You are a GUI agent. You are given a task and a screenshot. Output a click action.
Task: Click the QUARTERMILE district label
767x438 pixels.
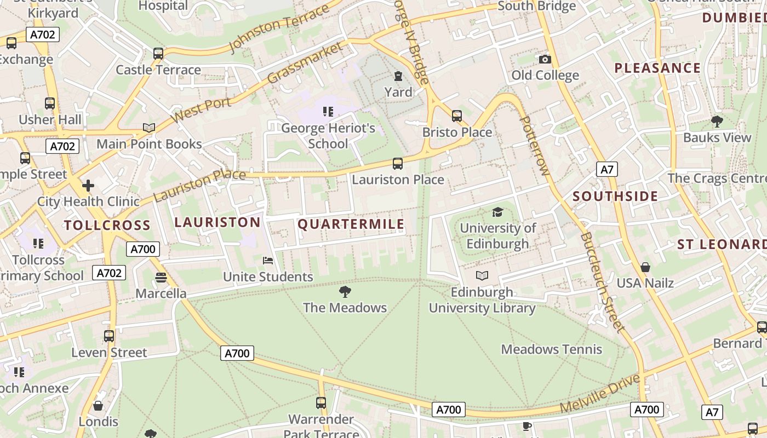[x=351, y=224]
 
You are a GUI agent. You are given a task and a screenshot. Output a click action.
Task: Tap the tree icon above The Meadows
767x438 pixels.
[x=345, y=291]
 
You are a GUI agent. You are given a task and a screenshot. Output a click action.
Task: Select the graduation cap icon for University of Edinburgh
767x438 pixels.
[x=497, y=212]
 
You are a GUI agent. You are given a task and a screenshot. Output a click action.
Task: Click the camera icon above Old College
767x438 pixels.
[x=545, y=59]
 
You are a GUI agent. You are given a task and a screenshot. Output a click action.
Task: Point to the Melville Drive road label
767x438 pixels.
[x=600, y=394]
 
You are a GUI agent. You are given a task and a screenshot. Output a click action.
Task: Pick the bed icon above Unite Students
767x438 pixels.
[x=268, y=261]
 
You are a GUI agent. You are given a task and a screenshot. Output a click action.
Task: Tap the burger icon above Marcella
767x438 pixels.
[x=161, y=278]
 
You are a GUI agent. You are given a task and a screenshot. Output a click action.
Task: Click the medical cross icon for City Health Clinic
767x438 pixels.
[x=88, y=186]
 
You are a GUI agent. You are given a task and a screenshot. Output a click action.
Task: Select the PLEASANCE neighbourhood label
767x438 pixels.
[x=657, y=68]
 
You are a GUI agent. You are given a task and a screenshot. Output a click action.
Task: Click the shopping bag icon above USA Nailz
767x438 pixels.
[x=645, y=267]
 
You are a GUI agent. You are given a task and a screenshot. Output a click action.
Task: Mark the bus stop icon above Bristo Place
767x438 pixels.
[x=456, y=116]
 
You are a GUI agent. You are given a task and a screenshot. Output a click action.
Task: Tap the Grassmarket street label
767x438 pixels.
[x=305, y=64]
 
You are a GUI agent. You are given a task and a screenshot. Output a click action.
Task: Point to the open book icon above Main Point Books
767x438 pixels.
[x=148, y=128]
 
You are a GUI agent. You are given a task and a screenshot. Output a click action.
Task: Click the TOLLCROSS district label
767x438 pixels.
[x=107, y=225]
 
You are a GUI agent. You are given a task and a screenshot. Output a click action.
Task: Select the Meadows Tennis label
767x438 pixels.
[x=551, y=349]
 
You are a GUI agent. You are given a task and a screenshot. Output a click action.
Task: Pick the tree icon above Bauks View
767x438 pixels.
[x=717, y=122]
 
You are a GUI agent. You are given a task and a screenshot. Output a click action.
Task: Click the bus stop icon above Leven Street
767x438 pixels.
[x=109, y=336]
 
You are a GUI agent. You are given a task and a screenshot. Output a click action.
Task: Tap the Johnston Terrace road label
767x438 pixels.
[x=280, y=27]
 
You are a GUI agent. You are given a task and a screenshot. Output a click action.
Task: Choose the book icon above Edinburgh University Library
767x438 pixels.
[x=482, y=276]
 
